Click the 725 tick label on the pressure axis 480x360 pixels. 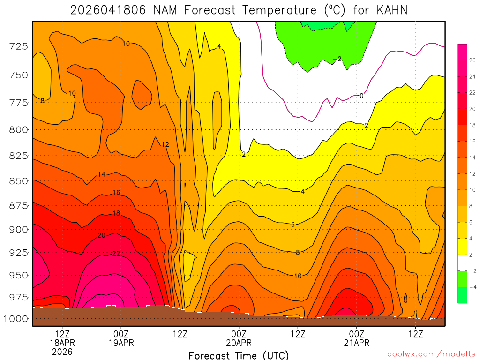tap(19, 46)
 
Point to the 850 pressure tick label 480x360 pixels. tap(19, 180)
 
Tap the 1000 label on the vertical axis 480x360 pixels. tap(16, 319)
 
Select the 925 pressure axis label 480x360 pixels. tap(19, 252)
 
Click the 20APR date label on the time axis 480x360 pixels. tap(239, 343)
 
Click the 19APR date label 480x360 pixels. tap(121, 343)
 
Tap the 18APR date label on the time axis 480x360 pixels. tap(62, 343)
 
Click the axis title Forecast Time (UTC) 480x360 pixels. tap(239, 355)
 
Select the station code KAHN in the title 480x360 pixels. tap(391, 10)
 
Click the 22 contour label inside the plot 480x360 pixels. tap(116, 254)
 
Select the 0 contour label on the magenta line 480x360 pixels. tap(361, 96)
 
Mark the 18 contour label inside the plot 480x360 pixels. tap(116, 213)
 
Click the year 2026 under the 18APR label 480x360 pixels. tap(62, 352)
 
